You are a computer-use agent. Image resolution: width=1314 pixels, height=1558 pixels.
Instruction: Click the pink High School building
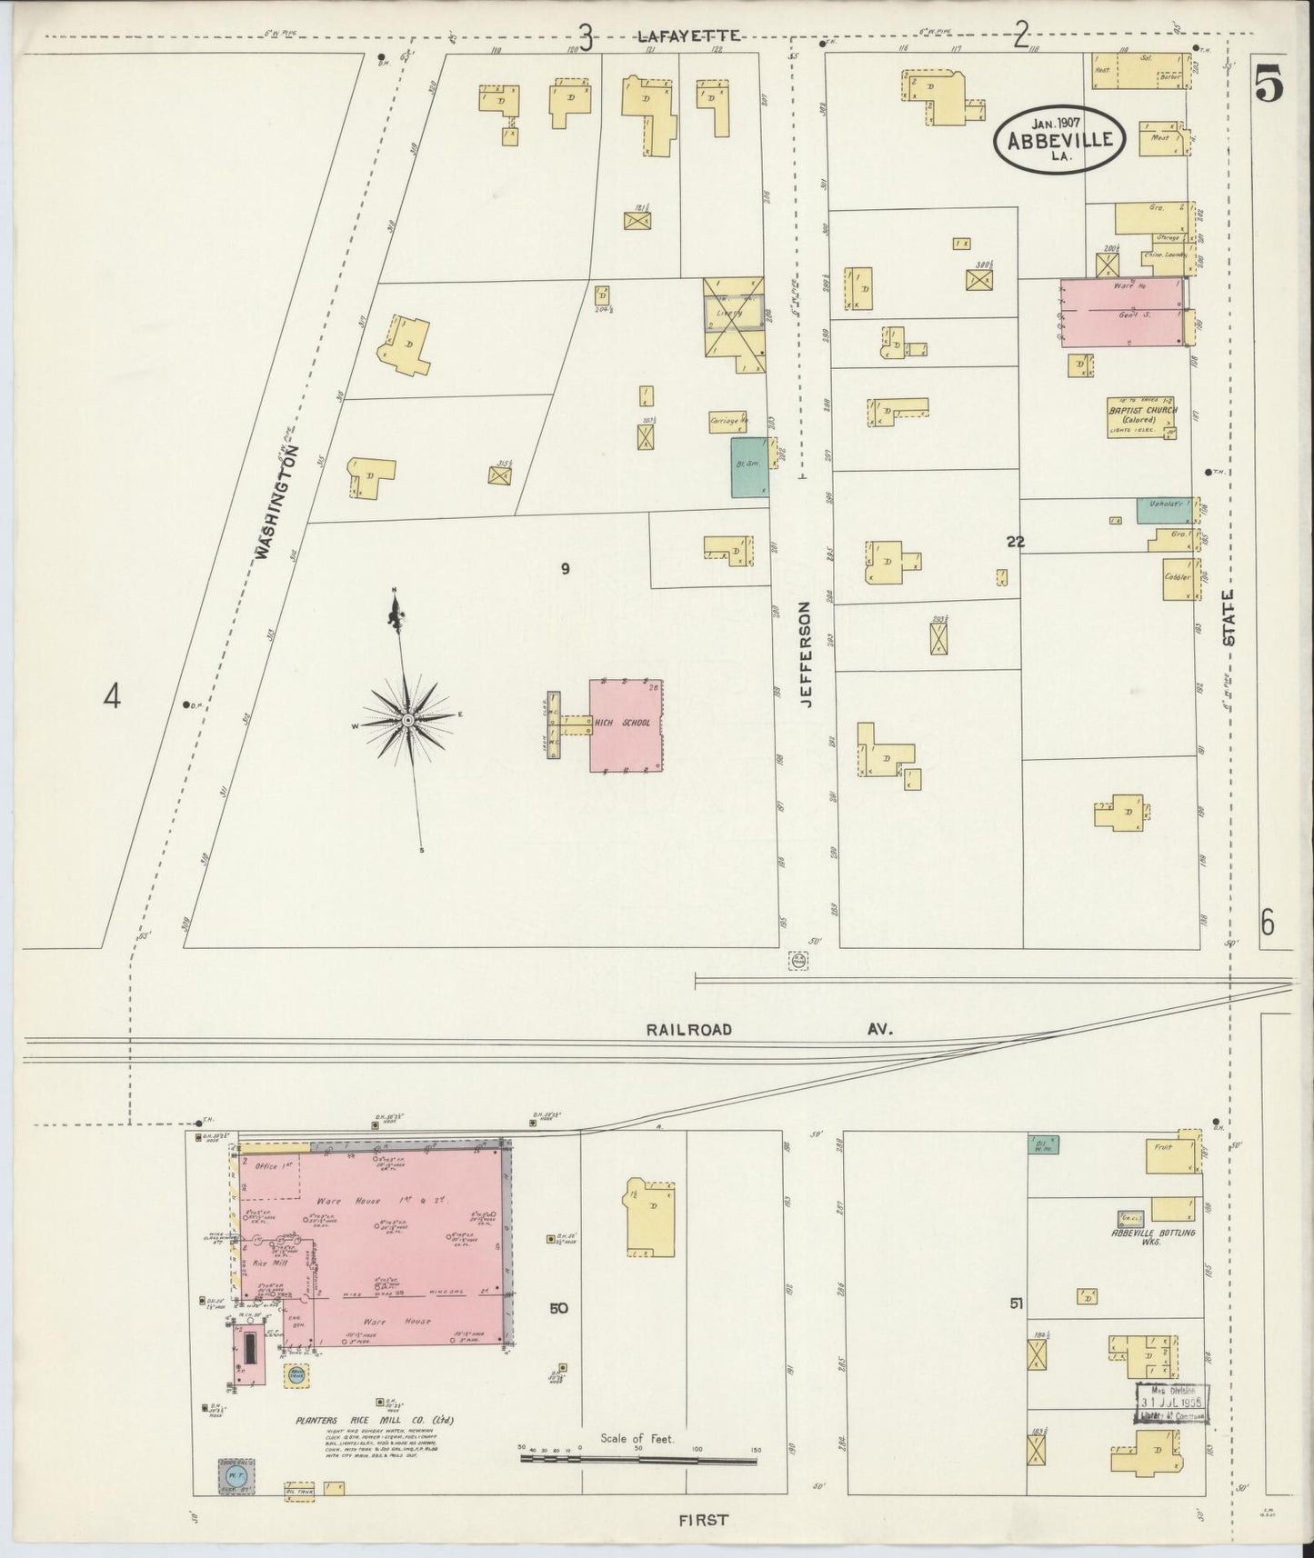tap(626, 724)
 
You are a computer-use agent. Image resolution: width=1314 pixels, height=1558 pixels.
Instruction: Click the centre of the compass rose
tap(408, 720)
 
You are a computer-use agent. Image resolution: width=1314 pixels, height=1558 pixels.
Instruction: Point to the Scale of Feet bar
tap(637, 1461)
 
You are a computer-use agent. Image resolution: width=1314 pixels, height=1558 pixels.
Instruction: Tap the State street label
tap(1229, 618)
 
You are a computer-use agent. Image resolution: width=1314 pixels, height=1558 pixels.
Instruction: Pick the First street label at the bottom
tap(702, 1518)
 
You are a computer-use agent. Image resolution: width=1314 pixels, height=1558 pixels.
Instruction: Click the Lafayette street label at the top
tap(688, 35)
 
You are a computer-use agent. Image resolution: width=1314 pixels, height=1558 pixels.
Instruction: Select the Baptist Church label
tap(1141, 411)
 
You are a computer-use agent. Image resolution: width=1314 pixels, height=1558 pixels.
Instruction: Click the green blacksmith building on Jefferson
tap(749, 467)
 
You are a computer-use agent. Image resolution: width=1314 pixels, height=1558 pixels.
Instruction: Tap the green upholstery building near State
tap(1163, 509)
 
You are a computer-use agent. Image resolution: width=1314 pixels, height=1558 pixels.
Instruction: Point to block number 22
tap(1015, 542)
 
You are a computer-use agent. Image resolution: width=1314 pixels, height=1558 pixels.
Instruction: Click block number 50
tap(558, 1307)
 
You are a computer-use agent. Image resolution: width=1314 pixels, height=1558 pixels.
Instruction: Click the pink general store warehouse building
tap(1123, 312)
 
